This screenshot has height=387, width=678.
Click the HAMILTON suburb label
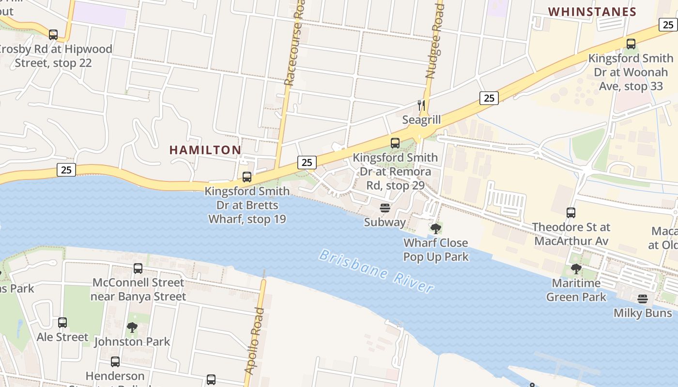pyautogui.click(x=205, y=150)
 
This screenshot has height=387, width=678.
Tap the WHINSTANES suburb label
pyautogui.click(x=592, y=12)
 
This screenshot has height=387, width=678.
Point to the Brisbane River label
pyautogui.click(x=376, y=271)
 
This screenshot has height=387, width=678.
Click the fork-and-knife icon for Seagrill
pyautogui.click(x=421, y=105)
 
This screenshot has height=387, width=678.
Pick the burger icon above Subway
pyautogui.click(x=385, y=208)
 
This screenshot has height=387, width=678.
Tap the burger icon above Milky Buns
pyautogui.click(x=643, y=299)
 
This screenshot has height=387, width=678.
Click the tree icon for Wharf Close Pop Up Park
pyautogui.click(x=436, y=228)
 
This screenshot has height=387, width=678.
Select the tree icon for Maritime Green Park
pyautogui.click(x=576, y=268)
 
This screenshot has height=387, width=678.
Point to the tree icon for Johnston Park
pyautogui.click(x=132, y=327)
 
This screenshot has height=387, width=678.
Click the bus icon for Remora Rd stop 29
pyautogui.click(x=395, y=143)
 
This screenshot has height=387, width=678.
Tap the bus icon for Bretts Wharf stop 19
pyautogui.click(x=247, y=177)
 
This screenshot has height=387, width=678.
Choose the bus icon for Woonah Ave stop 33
pyautogui.click(x=631, y=44)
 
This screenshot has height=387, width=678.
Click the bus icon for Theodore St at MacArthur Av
pyautogui.click(x=571, y=213)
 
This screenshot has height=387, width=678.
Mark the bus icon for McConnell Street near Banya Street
pyautogui.click(x=138, y=268)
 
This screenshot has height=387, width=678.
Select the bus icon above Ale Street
pyautogui.click(x=62, y=323)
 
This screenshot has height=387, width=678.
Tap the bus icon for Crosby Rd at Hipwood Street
pyautogui.click(x=53, y=35)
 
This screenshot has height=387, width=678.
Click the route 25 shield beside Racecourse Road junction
pyautogui.click(x=307, y=162)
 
